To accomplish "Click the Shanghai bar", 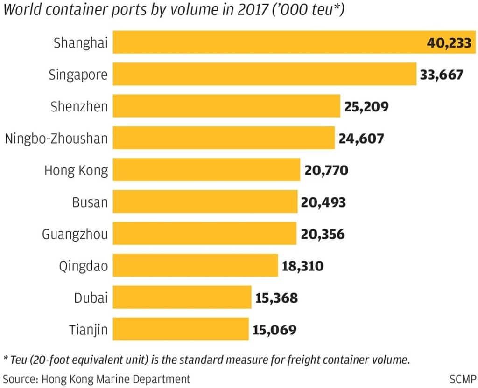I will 266,42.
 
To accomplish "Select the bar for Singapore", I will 264,75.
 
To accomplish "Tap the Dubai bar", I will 182,298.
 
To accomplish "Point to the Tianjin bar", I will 181,329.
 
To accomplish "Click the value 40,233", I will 450,43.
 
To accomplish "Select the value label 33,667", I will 441,75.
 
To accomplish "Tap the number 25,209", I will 366,107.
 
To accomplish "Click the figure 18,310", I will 302,266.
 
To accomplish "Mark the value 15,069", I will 274,330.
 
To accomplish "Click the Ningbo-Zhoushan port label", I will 56,139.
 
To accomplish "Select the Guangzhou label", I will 75,234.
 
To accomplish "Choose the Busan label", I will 90,202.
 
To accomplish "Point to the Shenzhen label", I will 79,107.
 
